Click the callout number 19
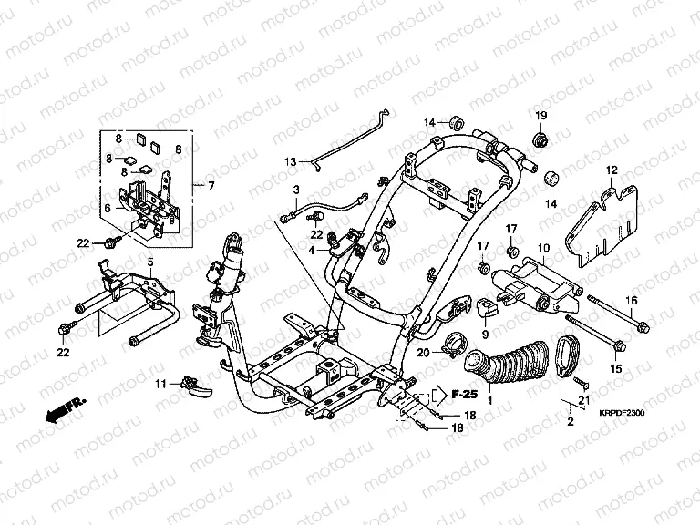point(540,115)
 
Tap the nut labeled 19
point(540,139)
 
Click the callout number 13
point(290,161)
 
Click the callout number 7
point(211,186)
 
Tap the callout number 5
point(149,262)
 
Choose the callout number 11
point(160,383)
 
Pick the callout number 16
point(630,300)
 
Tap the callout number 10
point(543,248)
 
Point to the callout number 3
point(296,188)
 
